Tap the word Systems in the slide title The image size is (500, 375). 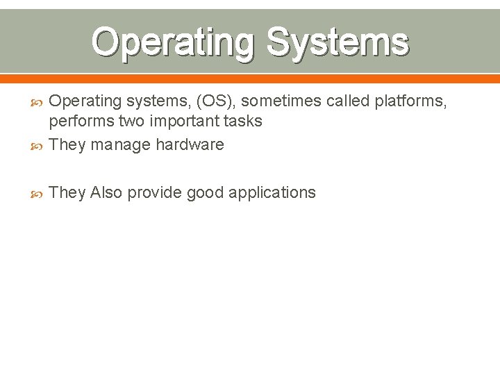click(337, 42)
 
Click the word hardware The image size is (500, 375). click(190, 144)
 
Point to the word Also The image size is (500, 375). click(106, 192)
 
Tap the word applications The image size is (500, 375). click(272, 192)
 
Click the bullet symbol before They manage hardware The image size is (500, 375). click(38, 145)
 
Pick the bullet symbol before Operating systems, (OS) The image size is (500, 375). click(38, 102)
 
